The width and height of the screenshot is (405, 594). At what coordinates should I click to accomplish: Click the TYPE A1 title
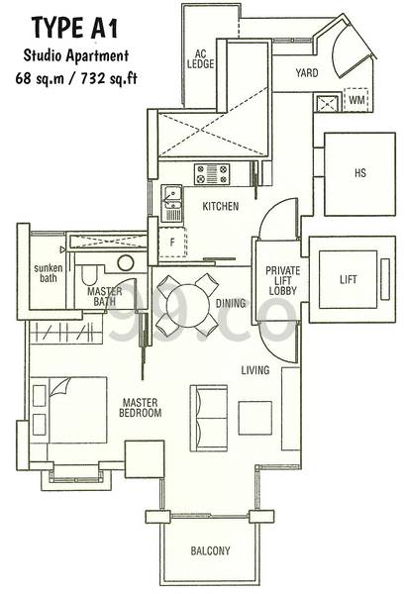point(75,28)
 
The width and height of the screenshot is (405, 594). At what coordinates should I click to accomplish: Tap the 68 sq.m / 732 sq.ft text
point(76,79)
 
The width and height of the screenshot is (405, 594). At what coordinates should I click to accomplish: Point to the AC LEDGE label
point(200,59)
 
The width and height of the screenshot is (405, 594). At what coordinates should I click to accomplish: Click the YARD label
point(307,72)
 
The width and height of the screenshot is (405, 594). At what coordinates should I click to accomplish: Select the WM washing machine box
point(356,100)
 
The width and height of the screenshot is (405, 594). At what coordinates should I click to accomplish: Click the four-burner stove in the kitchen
point(212,174)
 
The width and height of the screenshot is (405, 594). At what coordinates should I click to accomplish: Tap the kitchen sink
point(171,203)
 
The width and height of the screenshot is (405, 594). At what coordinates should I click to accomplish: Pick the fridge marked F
point(172,243)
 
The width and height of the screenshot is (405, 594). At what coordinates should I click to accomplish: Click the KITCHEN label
point(221,206)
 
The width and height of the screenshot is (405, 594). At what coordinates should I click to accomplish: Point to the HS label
point(359,173)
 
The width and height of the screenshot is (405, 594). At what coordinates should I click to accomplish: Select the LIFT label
point(348,279)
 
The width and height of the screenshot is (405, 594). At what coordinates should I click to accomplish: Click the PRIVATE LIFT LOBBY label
point(282,281)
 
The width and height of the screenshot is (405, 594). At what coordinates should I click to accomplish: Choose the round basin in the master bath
point(126,263)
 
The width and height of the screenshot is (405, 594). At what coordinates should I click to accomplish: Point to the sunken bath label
point(49,273)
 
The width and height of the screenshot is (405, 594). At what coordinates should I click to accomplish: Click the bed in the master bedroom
point(68,410)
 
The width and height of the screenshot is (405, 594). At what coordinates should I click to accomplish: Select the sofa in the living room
point(209,418)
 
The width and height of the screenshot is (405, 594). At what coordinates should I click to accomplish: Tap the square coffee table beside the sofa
point(254,418)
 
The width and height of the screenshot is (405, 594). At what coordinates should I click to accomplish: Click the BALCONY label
point(210,550)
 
